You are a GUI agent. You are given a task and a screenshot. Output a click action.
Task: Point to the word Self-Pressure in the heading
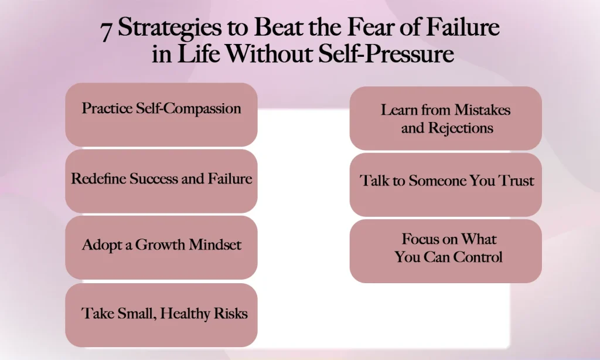tap(389, 54)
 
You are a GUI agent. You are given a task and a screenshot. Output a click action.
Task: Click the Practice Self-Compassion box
tap(161, 114)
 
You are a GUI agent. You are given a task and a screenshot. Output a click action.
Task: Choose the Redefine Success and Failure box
tap(161, 181)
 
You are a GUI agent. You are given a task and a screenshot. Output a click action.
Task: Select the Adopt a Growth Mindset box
tap(161, 247)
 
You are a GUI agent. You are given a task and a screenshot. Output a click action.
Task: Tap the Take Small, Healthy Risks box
tap(161, 315)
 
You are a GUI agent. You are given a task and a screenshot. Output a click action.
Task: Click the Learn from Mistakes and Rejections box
tap(445, 118)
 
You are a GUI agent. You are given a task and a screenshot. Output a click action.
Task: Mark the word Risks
tap(230, 313)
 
